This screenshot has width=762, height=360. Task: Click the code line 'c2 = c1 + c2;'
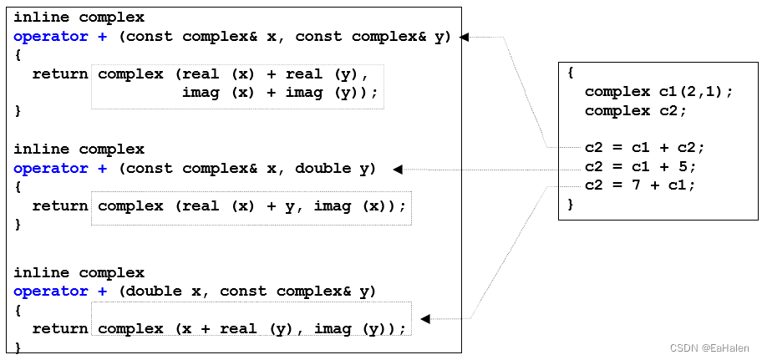(x=644, y=148)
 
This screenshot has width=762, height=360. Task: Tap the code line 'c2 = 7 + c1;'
(x=640, y=185)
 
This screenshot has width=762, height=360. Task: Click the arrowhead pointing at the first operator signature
(x=465, y=37)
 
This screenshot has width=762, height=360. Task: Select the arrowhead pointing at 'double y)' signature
(x=399, y=169)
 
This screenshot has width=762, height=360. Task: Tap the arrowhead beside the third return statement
(x=425, y=318)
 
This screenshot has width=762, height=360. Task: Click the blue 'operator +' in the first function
(x=60, y=36)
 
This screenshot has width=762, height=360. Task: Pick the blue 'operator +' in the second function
(x=60, y=168)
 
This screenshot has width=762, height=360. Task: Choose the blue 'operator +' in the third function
(x=60, y=291)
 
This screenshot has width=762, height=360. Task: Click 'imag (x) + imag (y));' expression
(x=280, y=93)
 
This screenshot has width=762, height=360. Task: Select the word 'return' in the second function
(x=60, y=205)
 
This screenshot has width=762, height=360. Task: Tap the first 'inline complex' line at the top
(x=79, y=17)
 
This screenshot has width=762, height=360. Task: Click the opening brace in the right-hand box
(x=571, y=73)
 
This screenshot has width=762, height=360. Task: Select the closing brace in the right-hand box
(x=571, y=203)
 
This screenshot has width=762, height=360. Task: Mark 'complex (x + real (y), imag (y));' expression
(x=251, y=328)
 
